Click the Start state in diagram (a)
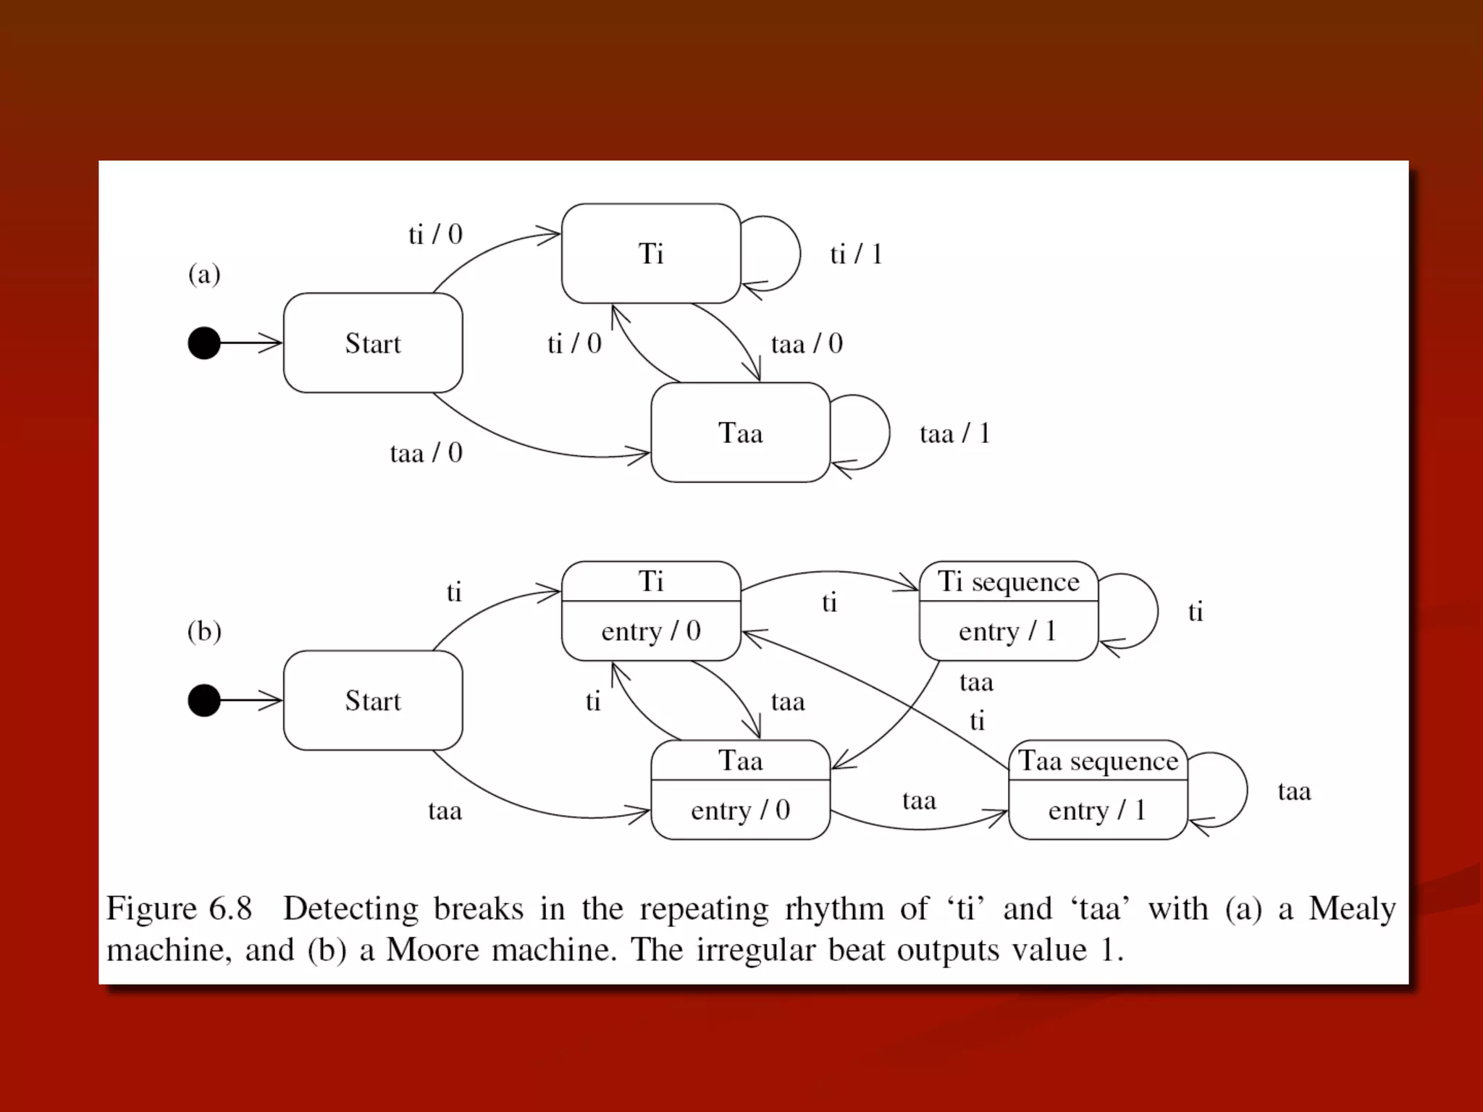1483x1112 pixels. point(372,343)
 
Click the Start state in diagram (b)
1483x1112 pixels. point(372,701)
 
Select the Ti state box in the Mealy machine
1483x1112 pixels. point(650,253)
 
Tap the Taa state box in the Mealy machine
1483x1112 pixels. point(740,433)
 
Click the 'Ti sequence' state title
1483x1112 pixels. point(1008,581)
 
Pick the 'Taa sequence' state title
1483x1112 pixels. point(1098,761)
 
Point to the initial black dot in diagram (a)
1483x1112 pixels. point(204,343)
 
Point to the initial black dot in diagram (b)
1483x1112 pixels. point(204,701)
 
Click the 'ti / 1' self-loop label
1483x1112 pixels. point(856,254)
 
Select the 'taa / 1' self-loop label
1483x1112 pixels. point(954,434)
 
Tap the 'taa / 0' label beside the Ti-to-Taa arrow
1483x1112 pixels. point(807,344)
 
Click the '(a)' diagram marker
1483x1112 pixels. point(204,274)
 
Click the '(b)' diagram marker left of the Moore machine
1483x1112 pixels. point(204,631)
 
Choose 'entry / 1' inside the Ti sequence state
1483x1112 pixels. point(1008,631)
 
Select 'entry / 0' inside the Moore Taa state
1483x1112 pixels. point(740,810)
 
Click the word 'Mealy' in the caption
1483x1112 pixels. point(1352,909)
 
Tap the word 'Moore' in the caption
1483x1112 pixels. point(432,950)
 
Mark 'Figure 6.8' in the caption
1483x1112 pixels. point(179,909)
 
